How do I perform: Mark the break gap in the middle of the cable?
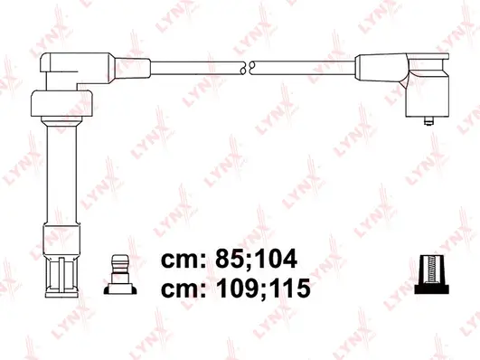tap(247, 66)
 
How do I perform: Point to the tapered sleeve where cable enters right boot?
tap(372, 66)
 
